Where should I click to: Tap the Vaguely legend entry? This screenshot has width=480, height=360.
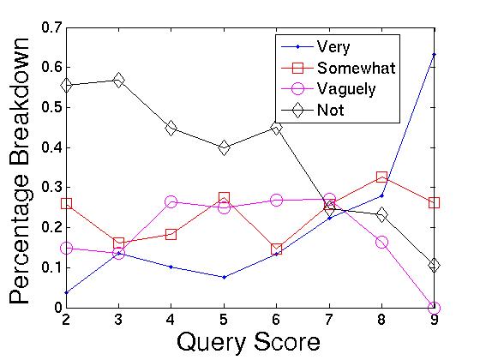coord(345,88)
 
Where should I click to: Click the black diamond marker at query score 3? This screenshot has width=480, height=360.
coord(118,80)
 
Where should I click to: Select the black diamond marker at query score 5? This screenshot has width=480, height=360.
coord(224,147)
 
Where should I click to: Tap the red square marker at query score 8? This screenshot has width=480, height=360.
coord(381,177)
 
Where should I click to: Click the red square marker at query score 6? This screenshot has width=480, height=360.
coord(276,249)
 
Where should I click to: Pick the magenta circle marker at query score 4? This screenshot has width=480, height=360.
coord(171,201)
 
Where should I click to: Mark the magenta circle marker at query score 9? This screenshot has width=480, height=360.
coord(434,308)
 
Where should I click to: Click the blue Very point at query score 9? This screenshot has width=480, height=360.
coord(434,54)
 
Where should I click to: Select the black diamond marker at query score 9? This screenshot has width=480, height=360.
coord(434,265)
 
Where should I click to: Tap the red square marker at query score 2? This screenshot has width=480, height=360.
coord(66,204)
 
